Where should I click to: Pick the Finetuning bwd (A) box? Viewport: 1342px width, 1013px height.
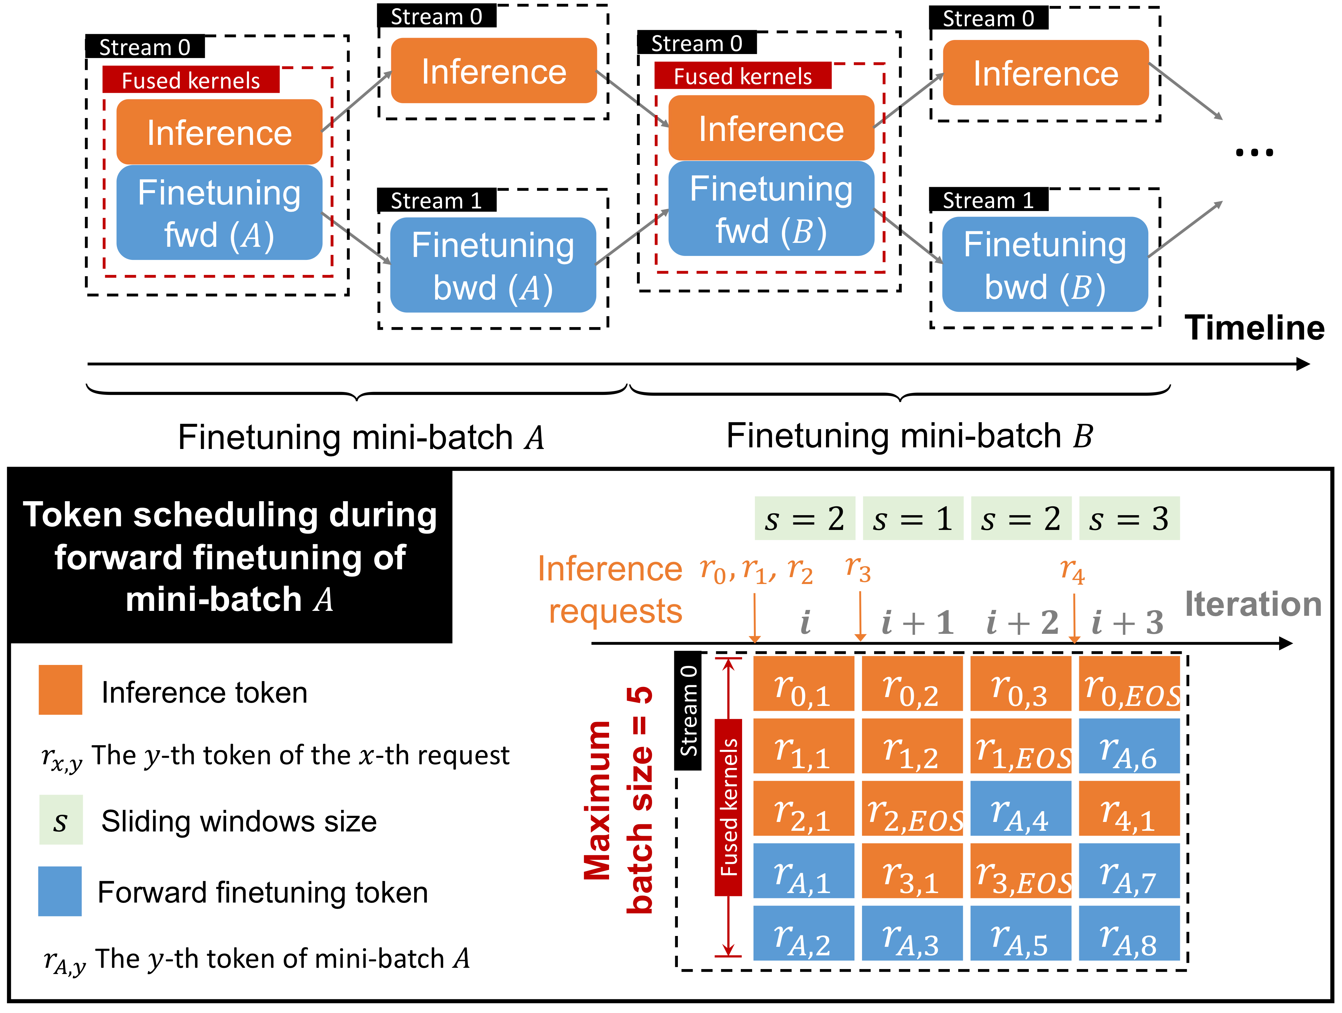[493, 265]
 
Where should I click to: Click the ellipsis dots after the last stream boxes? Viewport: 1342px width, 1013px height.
[1254, 153]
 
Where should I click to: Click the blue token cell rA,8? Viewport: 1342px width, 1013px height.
[1129, 933]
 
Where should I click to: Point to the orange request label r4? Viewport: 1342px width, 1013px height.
[1072, 571]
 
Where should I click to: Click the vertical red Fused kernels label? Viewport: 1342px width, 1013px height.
[728, 807]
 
